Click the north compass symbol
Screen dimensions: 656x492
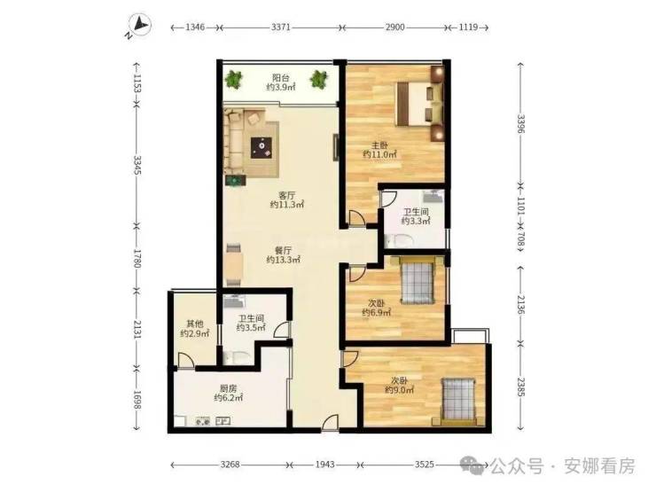[139, 25]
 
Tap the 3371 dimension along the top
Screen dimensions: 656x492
[280, 27]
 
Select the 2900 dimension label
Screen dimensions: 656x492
[395, 27]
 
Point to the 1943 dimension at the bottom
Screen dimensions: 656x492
[325, 465]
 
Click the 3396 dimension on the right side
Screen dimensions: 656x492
[521, 123]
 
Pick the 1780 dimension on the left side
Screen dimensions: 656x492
[137, 258]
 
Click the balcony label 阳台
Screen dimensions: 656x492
[281, 78]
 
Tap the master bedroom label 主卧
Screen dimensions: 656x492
[380, 145]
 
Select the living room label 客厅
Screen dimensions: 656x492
[287, 195]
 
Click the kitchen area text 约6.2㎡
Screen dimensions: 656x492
[229, 398]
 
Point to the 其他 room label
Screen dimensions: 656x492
[194, 324]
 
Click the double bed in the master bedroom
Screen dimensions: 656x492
[419, 104]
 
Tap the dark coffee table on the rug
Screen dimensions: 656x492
[262, 147]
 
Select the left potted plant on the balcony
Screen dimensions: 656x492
[233, 79]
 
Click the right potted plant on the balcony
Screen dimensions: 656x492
[319, 79]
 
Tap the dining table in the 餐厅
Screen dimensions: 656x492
[233, 265]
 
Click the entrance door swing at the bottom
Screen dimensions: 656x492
[330, 423]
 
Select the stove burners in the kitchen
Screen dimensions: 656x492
[203, 422]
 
